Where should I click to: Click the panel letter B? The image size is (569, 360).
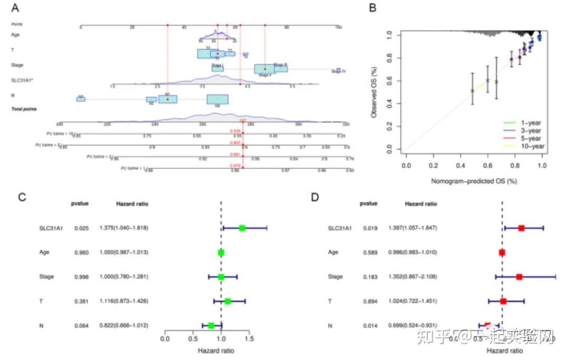click(373, 8)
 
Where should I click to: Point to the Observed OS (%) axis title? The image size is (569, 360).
click(374, 92)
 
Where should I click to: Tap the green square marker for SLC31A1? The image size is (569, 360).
click(242, 228)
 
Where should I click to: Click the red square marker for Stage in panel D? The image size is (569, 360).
click(519, 277)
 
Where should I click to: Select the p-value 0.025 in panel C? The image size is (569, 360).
click(80, 228)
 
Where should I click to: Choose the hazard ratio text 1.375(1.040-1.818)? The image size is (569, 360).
click(124, 228)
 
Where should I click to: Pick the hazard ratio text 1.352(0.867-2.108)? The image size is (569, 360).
click(413, 277)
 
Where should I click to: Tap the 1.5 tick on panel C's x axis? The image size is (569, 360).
click(250, 338)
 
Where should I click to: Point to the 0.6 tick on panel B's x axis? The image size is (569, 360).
click(488, 165)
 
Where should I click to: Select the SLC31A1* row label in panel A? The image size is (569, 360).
click(22, 80)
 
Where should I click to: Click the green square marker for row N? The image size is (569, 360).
click(211, 326)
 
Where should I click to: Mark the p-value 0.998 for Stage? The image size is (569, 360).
click(80, 277)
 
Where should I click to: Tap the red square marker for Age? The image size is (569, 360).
click(502, 252)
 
